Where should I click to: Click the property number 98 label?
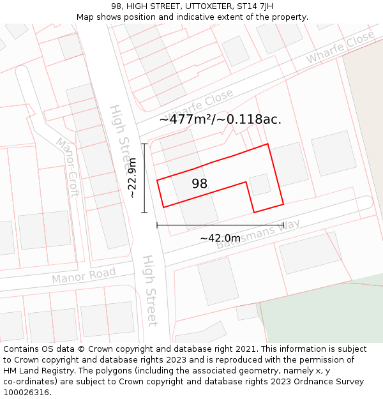tap(199, 184)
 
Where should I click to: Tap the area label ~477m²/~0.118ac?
tap(220, 119)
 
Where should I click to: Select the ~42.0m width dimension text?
tap(220, 238)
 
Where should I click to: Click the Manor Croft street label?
tap(67, 167)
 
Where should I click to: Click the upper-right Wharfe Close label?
tap(340, 47)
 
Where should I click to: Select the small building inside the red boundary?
tap(259, 184)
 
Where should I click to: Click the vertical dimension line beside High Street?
tap(145, 178)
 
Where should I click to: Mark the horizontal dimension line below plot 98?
tap(220, 225)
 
